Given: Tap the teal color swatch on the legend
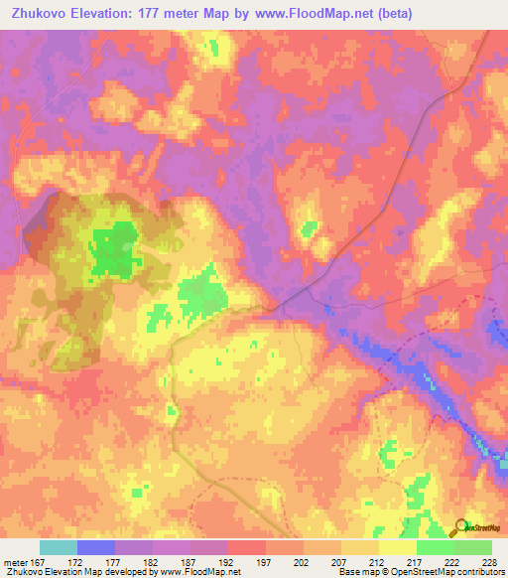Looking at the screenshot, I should click(59, 547).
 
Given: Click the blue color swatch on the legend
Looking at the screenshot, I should click(96, 547).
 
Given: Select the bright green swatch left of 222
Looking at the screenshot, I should click(435, 547).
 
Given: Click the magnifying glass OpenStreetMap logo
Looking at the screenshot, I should click(460, 526).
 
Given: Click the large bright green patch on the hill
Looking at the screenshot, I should click(115, 250).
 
